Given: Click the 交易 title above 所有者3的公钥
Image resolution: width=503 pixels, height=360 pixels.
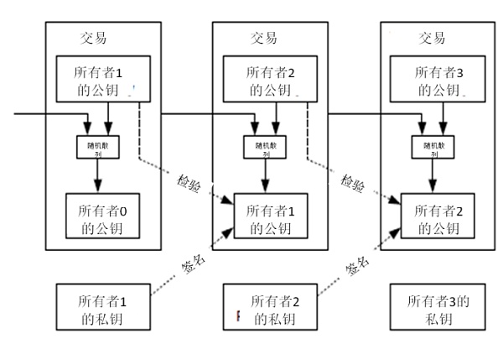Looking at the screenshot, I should [x=432, y=38].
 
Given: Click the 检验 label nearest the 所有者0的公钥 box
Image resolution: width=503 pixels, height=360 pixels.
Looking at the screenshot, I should [x=189, y=183].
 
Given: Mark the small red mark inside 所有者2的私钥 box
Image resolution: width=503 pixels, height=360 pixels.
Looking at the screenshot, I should [x=237, y=316].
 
